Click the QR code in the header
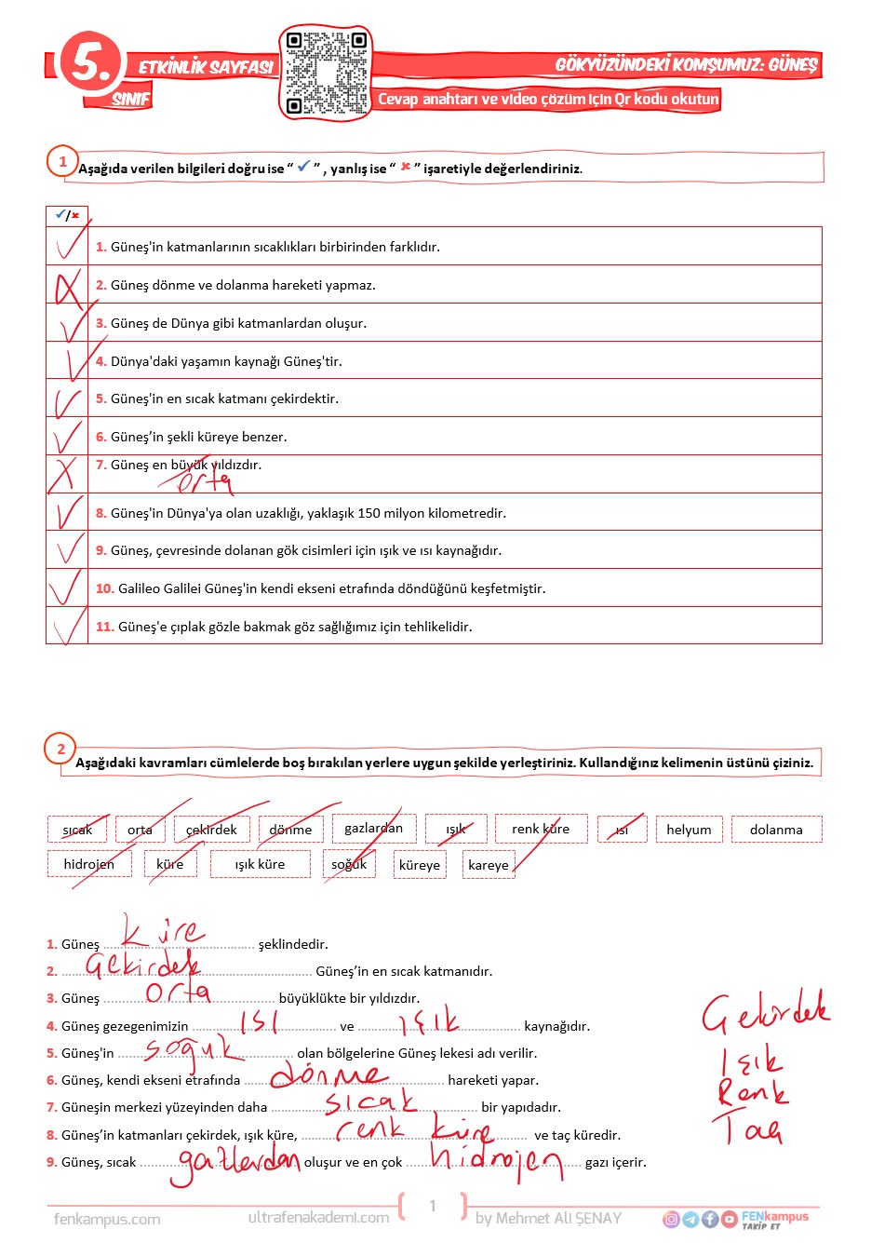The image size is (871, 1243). click(325, 73)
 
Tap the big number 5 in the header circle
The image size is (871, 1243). click(89, 62)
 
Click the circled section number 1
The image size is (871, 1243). click(62, 161)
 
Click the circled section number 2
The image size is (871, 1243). click(61, 749)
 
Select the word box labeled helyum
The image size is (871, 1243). click(689, 830)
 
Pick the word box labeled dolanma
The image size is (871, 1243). click(776, 830)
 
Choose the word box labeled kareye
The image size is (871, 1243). click(489, 865)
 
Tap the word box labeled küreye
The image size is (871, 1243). click(420, 865)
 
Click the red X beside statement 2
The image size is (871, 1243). click(67, 286)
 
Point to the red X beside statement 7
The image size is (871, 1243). click(63, 474)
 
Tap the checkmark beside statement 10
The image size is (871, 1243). click(65, 588)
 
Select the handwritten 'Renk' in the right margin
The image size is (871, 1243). click(752, 1091)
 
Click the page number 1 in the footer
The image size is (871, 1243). click(433, 1206)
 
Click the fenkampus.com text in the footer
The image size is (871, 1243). click(107, 1219)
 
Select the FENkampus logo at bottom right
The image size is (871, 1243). click(774, 1218)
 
